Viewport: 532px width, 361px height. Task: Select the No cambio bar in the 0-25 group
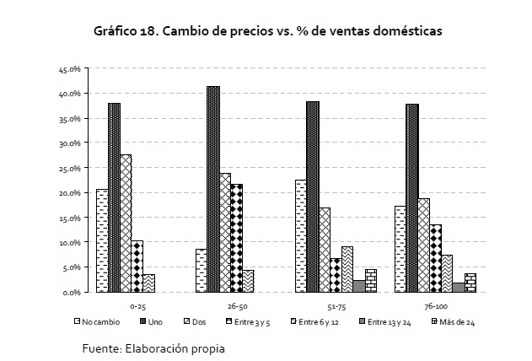tap(102, 241)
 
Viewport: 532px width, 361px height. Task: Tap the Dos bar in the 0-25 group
tap(126, 224)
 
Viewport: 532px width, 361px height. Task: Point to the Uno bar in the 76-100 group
tap(412, 198)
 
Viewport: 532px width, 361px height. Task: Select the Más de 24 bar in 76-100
tap(470, 283)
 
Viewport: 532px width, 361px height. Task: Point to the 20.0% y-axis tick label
tap(69, 193)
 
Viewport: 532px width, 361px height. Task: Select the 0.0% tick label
tap(71, 293)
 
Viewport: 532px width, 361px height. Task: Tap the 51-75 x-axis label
tap(336, 307)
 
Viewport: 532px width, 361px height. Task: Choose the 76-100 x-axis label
tap(436, 307)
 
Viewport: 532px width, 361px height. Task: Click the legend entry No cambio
tap(95, 321)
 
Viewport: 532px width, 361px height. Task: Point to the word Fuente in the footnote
tap(101, 348)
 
